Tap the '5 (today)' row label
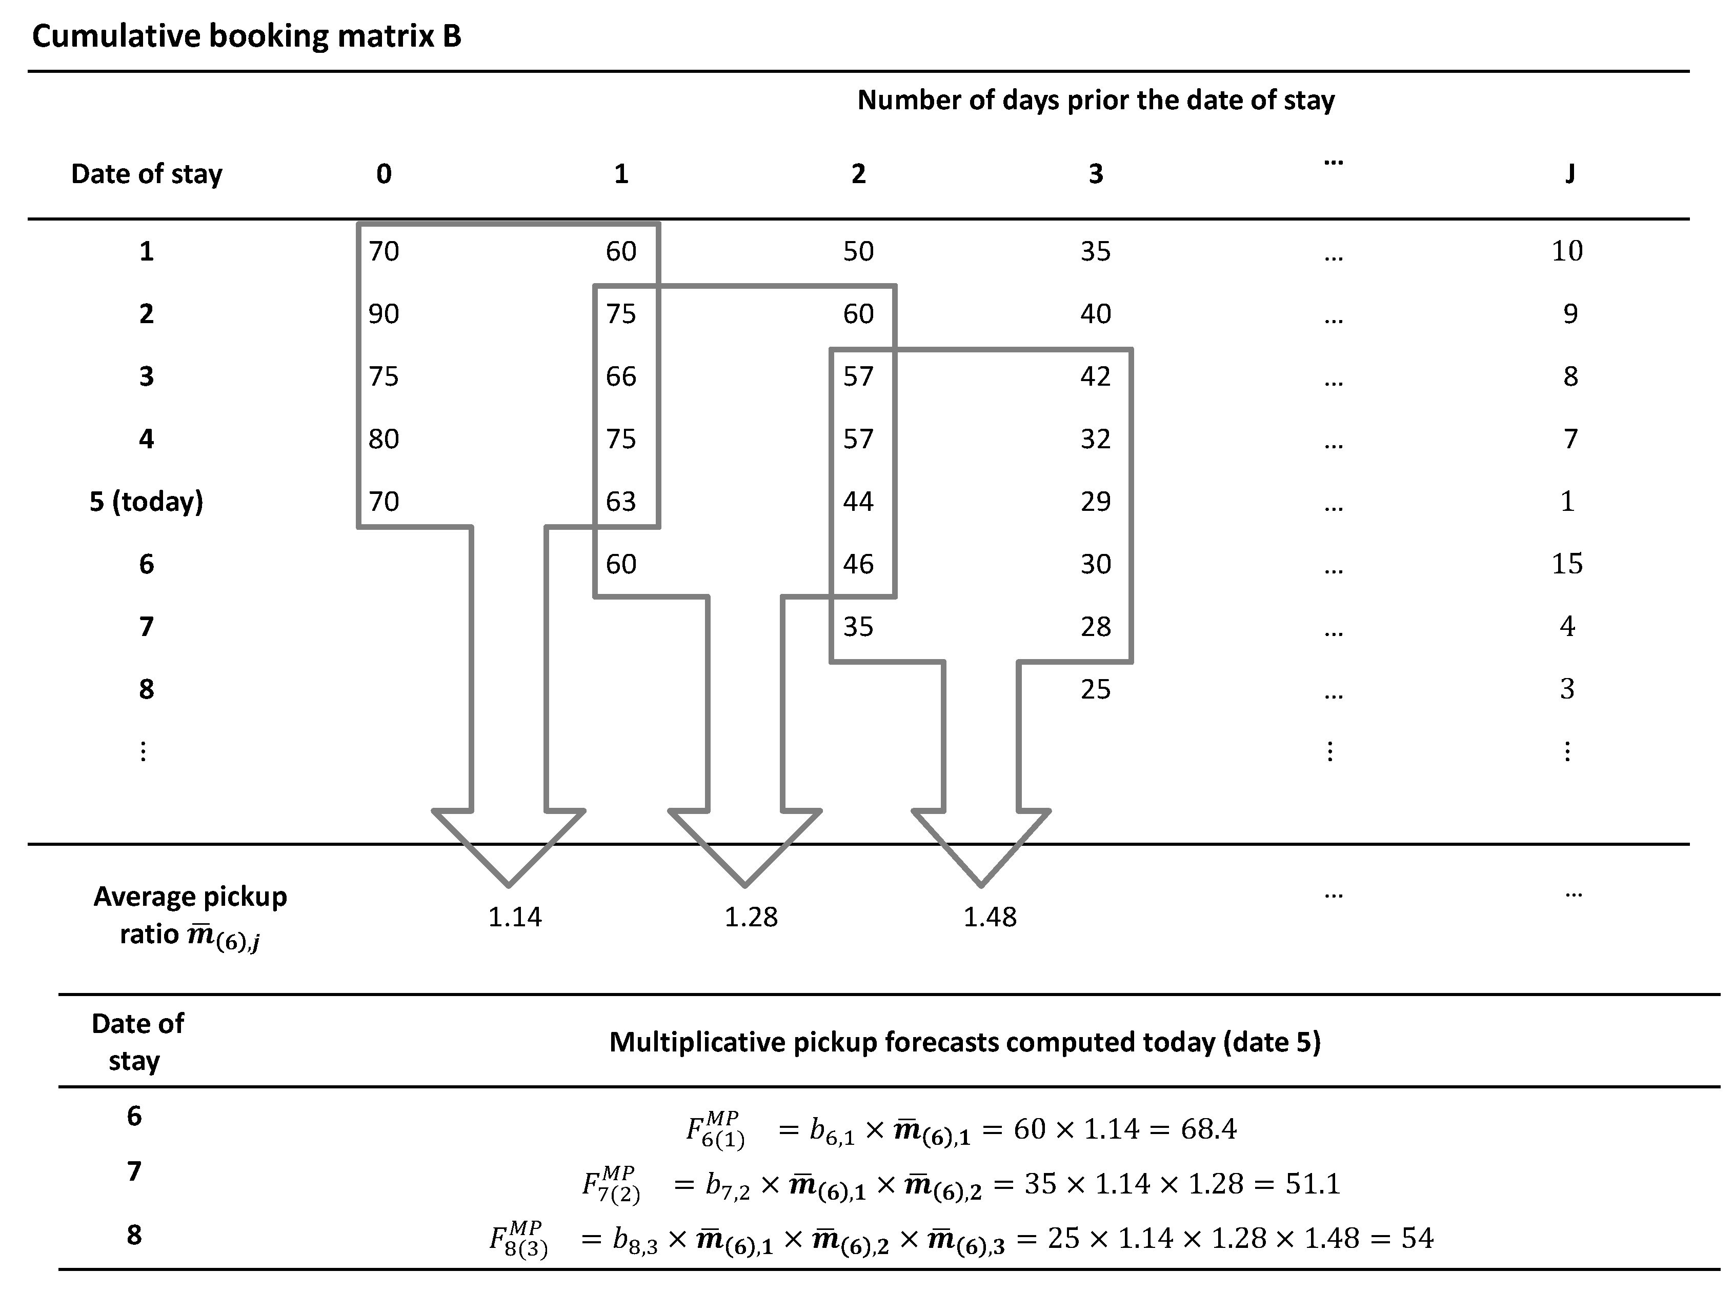tap(146, 501)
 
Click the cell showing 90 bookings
tap(384, 313)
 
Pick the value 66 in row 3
tap(621, 376)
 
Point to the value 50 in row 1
tap(858, 251)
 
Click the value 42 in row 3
tap(1095, 376)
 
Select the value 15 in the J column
tap(1567, 564)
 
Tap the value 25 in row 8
tap(1095, 689)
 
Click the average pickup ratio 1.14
tap(514, 917)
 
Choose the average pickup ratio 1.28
tap(751, 917)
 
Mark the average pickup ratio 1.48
tap(989, 917)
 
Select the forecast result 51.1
tap(1313, 1183)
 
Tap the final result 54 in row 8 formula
tap(1417, 1238)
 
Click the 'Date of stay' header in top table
tap(146, 174)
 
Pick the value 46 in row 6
tap(858, 564)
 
